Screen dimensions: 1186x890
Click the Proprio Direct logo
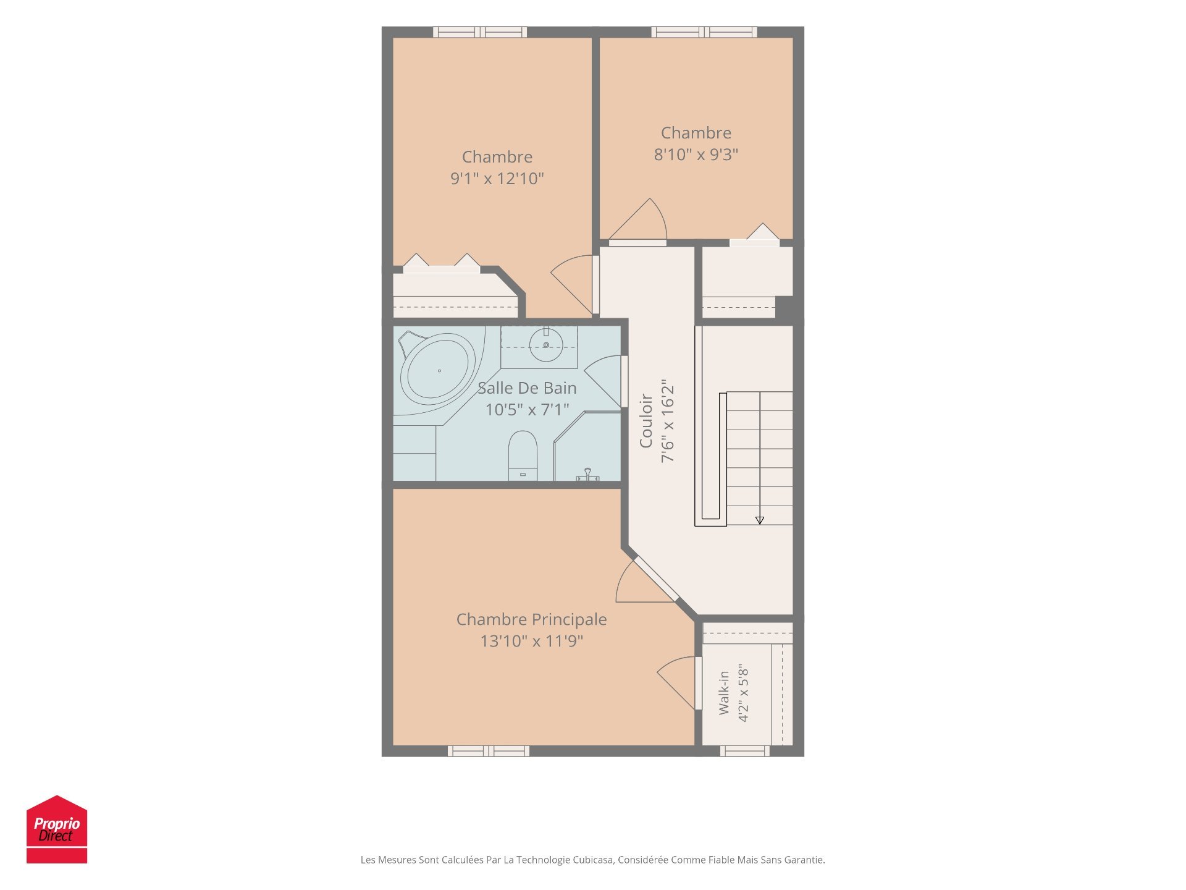(57, 829)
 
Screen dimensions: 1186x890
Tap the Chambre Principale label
(531, 619)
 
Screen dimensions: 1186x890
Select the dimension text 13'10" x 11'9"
(531, 641)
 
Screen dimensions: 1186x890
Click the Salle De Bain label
(527, 388)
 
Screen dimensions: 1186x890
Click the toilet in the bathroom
(523, 456)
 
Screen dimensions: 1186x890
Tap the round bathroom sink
(546, 346)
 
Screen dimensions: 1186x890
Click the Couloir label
(646, 421)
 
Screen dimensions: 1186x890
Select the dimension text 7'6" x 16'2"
(668, 421)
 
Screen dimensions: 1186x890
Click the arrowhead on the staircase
(760, 520)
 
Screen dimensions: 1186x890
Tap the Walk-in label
(724, 693)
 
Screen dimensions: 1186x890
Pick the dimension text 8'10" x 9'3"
(696, 155)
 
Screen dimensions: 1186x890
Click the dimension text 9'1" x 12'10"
(497, 179)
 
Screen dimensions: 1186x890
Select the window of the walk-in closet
(745, 751)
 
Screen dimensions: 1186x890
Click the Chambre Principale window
(489, 751)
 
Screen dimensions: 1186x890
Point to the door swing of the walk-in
(677, 682)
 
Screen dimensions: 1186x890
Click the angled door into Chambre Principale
(656, 579)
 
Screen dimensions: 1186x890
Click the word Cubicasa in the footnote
(593, 860)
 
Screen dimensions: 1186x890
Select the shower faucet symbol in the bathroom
(587, 475)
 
